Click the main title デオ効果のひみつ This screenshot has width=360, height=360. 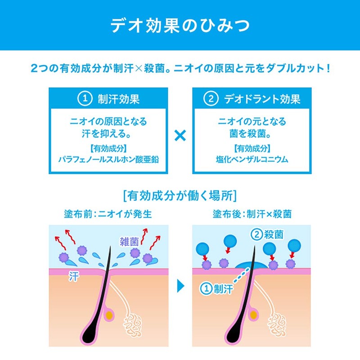coord(180,25)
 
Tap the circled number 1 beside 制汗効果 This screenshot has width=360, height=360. coord(84,99)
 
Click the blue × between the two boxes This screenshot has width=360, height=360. coord(180,135)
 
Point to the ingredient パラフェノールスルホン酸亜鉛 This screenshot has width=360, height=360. coord(108,159)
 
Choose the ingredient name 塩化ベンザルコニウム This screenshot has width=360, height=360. coord(252,159)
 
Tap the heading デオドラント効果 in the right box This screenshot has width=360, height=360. coord(262,99)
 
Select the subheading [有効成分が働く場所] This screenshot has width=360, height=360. coord(180,196)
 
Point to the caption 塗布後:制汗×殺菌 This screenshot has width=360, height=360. coord(252,214)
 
